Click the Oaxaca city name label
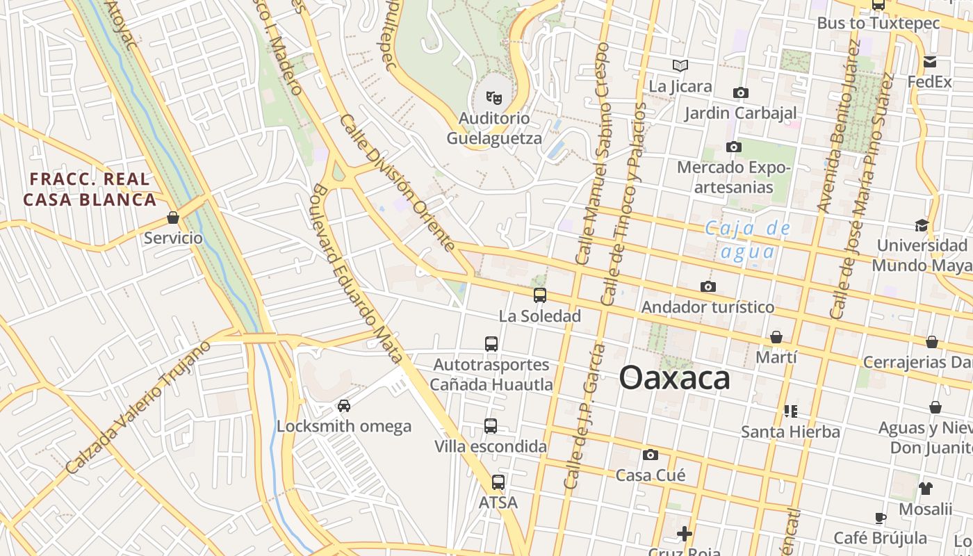tap(674, 378)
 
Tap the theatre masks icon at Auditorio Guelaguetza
tap(494, 97)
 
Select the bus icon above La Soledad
tap(540, 295)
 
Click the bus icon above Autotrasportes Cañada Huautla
tap(491, 343)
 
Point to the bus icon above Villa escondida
tap(491, 426)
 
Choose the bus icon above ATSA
tap(498, 482)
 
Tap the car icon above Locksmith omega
tap(343, 405)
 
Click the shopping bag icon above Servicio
tap(173, 218)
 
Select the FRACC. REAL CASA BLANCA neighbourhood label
tap(90, 190)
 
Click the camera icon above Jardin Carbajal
tap(741, 92)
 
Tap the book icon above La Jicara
tap(680, 66)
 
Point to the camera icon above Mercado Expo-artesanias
tap(733, 147)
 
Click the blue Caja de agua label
tap(748, 238)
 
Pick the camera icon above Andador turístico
tap(708, 286)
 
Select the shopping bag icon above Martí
tap(776, 337)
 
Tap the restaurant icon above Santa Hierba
tap(790, 411)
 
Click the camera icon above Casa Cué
tap(651, 455)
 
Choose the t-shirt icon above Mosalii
tap(925, 488)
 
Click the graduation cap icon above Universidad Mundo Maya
tap(922, 225)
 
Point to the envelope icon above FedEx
tap(930, 62)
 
